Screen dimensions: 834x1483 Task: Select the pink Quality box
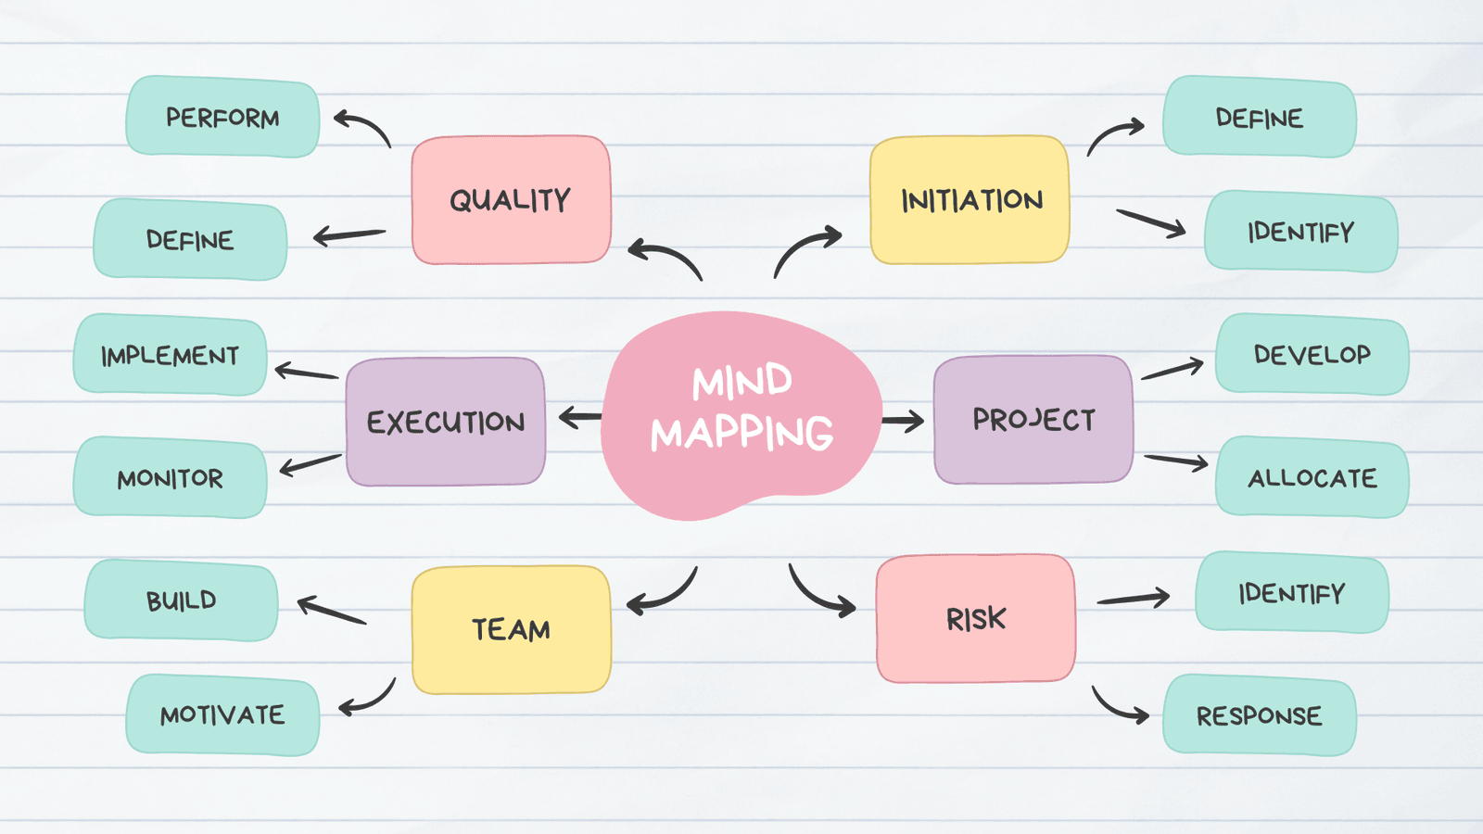pos(511,200)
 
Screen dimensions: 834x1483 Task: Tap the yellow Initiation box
pos(970,200)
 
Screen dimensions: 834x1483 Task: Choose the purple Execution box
pos(446,422)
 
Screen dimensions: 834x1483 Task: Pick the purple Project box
pos(1033,420)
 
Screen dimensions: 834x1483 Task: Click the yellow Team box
pos(511,629)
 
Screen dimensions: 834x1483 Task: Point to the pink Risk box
pos(976,618)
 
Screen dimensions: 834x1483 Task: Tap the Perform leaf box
pos(222,117)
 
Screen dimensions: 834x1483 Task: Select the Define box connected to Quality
pos(190,240)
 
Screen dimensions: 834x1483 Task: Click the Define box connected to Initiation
pos(1259,117)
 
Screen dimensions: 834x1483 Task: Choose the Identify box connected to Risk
pos(1291,593)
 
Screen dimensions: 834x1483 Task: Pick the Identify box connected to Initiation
pos(1300,232)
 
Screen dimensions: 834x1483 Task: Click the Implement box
pos(171,355)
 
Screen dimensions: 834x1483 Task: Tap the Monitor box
pos(171,478)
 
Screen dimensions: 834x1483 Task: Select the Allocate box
pos(1312,477)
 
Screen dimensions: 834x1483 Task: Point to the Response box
pos(1259,715)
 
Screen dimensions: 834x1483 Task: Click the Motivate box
pos(222,714)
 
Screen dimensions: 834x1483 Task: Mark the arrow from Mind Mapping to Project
pos(903,422)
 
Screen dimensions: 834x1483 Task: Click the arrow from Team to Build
pos(332,611)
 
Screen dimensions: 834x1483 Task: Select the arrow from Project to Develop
pos(1172,370)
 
